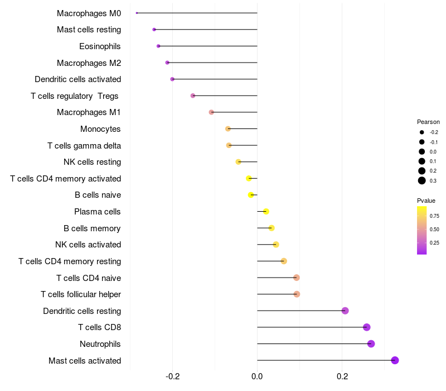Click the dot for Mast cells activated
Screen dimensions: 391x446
(x=395, y=360)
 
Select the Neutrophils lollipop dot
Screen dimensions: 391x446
(x=371, y=344)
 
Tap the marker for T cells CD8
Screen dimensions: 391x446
(x=366, y=327)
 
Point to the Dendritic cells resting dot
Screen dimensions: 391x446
(x=345, y=311)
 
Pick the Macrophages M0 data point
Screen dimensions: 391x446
(x=137, y=13)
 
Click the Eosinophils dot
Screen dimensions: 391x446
(x=158, y=46)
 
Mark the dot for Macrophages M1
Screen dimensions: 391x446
(x=211, y=112)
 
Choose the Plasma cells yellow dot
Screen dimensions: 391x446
(x=266, y=211)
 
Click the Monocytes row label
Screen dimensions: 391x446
(x=100, y=129)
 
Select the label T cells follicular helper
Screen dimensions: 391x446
(x=81, y=294)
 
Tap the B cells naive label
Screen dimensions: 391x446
(x=98, y=195)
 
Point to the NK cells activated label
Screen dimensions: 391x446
(x=88, y=245)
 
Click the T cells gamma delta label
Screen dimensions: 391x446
(x=84, y=146)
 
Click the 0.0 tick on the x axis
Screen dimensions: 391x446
(x=257, y=377)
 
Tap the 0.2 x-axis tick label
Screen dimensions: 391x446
(x=342, y=377)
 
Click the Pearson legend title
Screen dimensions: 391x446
(x=428, y=122)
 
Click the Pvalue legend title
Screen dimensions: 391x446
(x=426, y=201)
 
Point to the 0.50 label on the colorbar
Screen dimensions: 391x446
(x=434, y=229)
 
